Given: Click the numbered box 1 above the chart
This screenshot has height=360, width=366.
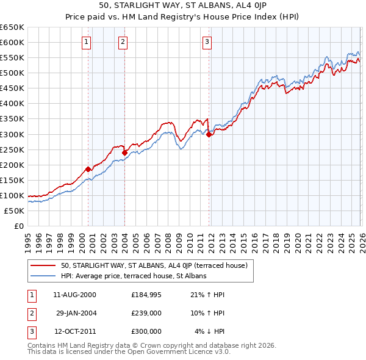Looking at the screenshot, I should click(87, 41).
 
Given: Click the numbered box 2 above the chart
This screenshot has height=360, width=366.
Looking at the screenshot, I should click(123, 41).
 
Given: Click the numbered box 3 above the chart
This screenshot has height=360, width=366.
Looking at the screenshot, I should click(207, 41).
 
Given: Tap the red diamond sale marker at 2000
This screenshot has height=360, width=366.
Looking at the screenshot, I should click(88, 169).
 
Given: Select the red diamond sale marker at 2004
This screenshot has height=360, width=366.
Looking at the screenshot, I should click(125, 153).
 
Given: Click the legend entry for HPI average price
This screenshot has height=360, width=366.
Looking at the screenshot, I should click(134, 276).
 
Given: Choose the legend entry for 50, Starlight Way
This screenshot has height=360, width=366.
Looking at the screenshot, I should click(154, 265).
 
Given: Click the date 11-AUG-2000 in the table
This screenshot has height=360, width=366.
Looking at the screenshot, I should click(74, 294).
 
